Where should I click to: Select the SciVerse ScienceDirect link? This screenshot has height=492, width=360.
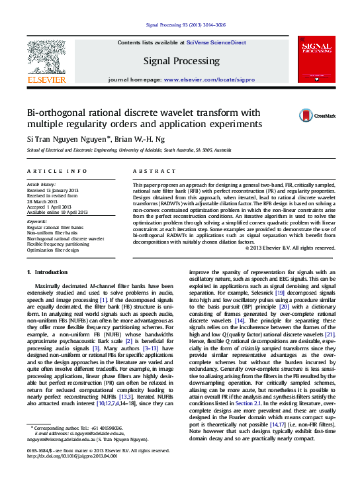point(216,43)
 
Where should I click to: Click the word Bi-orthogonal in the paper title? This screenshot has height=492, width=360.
point(54,113)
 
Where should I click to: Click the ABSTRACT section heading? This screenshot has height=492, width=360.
point(149,171)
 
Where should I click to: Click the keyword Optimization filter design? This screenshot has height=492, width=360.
point(58,250)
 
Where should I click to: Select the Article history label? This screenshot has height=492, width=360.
point(41,183)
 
